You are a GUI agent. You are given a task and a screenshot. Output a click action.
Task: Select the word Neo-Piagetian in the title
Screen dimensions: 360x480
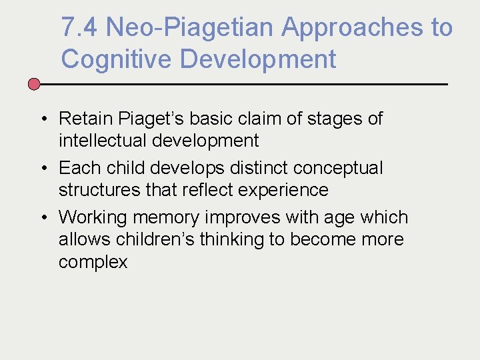click(x=189, y=28)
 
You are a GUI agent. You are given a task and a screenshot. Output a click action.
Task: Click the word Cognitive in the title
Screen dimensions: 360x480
click(x=116, y=59)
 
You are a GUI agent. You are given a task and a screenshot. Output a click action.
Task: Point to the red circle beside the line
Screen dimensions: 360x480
click(x=34, y=85)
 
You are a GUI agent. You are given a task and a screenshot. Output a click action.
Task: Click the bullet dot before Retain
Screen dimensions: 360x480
click(x=41, y=119)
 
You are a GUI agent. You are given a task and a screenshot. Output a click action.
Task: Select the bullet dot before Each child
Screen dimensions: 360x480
click(x=41, y=169)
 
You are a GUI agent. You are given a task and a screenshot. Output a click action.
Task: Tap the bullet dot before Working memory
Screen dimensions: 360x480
click(x=41, y=218)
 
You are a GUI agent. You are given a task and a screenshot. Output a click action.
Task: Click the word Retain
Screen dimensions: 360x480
click(x=86, y=119)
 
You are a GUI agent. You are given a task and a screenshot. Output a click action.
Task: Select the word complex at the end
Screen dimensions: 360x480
click(x=93, y=262)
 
